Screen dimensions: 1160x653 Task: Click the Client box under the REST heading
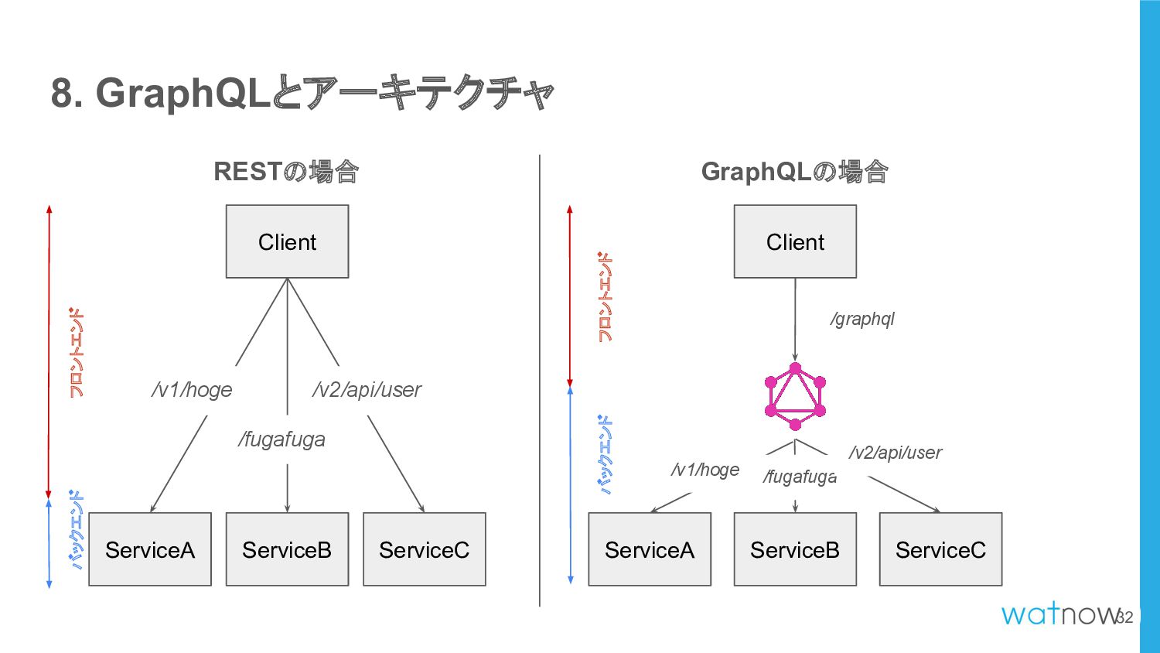click(x=287, y=241)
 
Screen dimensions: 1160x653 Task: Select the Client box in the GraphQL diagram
click(x=795, y=241)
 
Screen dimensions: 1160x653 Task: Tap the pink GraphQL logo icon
click(x=795, y=396)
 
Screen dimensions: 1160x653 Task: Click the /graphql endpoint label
click(x=862, y=319)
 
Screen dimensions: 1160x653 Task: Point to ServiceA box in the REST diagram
click(x=150, y=549)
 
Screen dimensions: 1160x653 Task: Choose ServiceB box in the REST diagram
click(x=287, y=549)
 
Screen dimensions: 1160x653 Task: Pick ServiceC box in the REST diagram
click(x=424, y=549)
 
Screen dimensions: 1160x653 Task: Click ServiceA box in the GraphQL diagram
click(x=650, y=549)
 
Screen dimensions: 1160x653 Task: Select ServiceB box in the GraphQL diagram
click(x=795, y=549)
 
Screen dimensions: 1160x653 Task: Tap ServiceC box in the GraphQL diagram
click(x=940, y=549)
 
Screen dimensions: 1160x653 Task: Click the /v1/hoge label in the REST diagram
click(x=192, y=390)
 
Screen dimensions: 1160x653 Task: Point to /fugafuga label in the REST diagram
click(x=281, y=439)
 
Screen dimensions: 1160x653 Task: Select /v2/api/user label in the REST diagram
click(x=367, y=390)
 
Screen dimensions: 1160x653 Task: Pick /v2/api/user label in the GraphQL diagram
click(x=896, y=453)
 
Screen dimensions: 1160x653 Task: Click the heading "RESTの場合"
click(x=286, y=172)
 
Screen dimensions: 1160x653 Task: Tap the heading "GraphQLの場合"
click(x=795, y=172)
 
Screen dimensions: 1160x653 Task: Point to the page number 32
click(x=1124, y=617)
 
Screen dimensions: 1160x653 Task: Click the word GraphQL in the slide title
click(x=183, y=94)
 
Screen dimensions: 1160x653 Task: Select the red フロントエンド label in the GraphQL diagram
click(x=605, y=297)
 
